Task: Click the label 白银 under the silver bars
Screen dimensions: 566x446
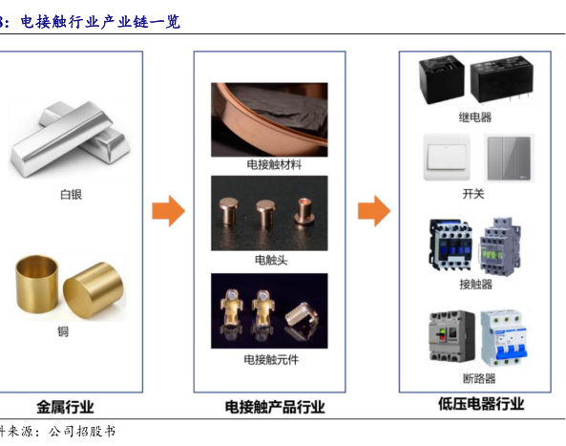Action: (x=72, y=194)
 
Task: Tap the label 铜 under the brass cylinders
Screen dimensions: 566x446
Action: (x=63, y=331)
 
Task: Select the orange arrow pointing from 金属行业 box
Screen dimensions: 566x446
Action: (x=169, y=211)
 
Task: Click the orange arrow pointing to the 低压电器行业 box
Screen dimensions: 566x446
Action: (x=374, y=211)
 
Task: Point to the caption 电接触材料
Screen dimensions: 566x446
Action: (x=274, y=165)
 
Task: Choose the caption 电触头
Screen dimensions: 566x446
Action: (x=271, y=260)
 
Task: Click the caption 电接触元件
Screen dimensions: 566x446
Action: (x=271, y=360)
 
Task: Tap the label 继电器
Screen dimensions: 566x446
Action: (x=475, y=117)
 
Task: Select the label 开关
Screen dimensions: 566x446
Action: (x=473, y=194)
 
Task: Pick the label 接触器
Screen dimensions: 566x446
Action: (x=475, y=285)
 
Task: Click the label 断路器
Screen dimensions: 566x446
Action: (x=479, y=378)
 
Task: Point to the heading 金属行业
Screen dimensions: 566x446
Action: (x=65, y=408)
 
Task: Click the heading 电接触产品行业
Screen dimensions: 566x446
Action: (x=275, y=408)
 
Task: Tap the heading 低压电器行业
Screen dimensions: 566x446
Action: (x=481, y=404)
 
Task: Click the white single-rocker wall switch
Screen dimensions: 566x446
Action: (x=447, y=157)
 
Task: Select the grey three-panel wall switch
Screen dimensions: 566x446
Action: (x=509, y=159)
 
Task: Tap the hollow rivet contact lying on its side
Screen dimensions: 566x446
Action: (x=304, y=210)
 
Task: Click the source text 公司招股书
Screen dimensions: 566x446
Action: (x=82, y=432)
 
